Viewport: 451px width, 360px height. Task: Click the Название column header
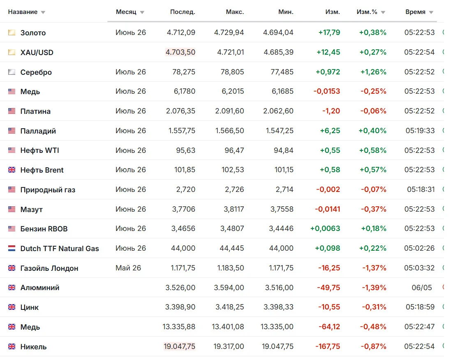pyautogui.click(x=23, y=12)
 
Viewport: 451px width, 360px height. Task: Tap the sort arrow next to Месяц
pyautogui.click(x=142, y=12)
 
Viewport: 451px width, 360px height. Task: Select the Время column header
pyautogui.click(x=415, y=12)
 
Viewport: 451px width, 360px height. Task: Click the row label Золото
pyautogui.click(x=33, y=33)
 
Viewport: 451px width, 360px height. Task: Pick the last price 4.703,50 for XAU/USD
pyautogui.click(x=180, y=52)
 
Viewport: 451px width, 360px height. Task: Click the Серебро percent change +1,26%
pyautogui.click(x=373, y=72)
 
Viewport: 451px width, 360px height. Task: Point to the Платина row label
pyautogui.click(x=35, y=111)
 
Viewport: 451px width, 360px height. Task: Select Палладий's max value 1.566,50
pyautogui.click(x=229, y=131)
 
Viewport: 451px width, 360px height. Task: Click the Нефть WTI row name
pyautogui.click(x=40, y=150)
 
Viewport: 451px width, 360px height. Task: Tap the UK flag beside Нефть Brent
pyautogui.click(x=12, y=170)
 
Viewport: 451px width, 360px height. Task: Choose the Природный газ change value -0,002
pyautogui.click(x=328, y=189)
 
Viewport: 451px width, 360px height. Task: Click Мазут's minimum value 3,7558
pyautogui.click(x=282, y=209)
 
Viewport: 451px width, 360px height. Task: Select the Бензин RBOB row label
pyautogui.click(x=44, y=229)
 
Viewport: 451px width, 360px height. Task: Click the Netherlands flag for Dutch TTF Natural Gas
pyautogui.click(x=12, y=249)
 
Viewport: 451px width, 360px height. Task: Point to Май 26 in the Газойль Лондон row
pyautogui.click(x=128, y=268)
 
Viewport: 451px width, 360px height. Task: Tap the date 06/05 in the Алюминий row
pyautogui.click(x=422, y=288)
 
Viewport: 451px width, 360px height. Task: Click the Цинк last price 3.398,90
pyautogui.click(x=180, y=307)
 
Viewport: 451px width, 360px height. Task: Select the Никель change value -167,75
pyautogui.click(x=328, y=346)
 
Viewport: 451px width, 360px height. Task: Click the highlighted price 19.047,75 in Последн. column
pyautogui.click(x=180, y=346)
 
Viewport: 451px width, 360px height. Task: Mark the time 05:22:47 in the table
pyautogui.click(x=419, y=327)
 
